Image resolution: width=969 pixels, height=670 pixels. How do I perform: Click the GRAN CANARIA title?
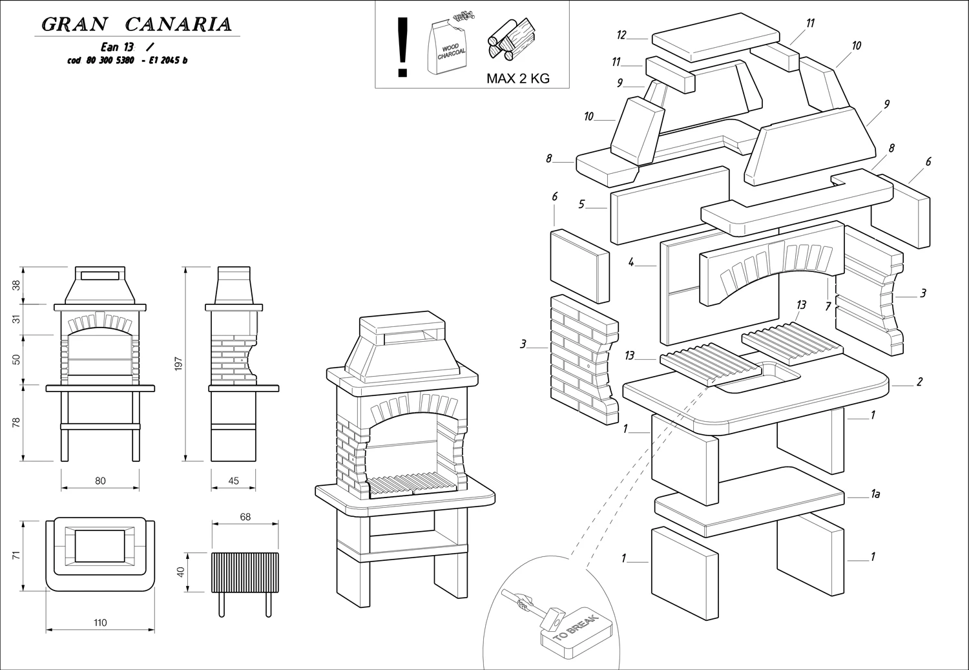[136, 25]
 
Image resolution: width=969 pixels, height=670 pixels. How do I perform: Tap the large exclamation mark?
[404, 47]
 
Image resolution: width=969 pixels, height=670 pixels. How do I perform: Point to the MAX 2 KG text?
[517, 79]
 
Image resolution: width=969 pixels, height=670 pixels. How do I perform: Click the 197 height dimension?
[179, 363]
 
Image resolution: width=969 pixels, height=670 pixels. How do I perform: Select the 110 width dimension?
[99, 623]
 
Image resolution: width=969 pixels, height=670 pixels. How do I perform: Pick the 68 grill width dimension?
[245, 517]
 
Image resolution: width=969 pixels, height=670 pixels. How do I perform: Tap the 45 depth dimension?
[233, 481]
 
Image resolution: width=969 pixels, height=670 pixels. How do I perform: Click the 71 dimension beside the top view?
[17, 554]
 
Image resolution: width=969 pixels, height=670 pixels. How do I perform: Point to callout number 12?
[621, 34]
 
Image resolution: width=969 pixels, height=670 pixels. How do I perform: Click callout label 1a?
[875, 494]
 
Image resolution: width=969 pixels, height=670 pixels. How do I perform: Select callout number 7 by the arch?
[828, 306]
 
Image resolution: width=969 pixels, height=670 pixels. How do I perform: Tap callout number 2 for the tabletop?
[919, 382]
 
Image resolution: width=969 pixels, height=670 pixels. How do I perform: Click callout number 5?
[581, 204]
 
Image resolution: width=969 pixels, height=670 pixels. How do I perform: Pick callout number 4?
[631, 263]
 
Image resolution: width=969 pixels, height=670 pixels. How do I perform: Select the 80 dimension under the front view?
[100, 481]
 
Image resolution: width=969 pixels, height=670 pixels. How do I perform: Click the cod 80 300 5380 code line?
[127, 61]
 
